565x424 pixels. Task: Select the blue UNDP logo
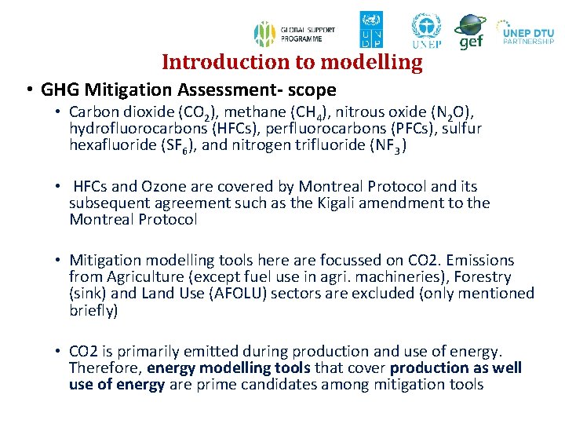pyautogui.click(x=371, y=30)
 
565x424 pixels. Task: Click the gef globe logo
pyautogui.click(x=470, y=31)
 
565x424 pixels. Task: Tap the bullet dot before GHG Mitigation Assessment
pyautogui.click(x=28, y=90)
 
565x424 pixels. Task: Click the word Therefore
pyautogui.click(x=106, y=368)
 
